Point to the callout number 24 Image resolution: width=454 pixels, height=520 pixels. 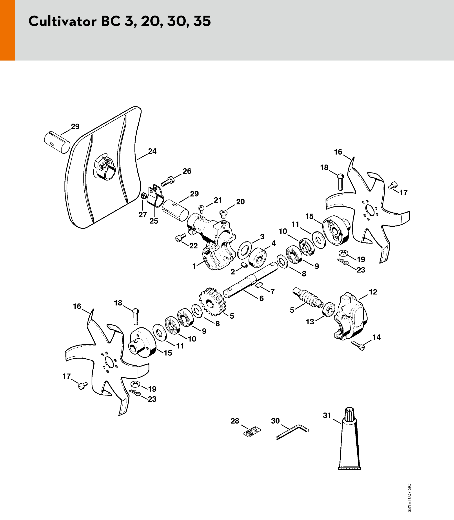[x=152, y=151]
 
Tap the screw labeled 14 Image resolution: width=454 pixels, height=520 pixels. [x=358, y=345]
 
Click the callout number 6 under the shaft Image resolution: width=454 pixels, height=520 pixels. [x=262, y=298]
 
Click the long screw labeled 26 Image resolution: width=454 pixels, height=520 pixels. [x=167, y=182]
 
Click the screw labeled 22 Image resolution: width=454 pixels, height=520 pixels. [x=181, y=237]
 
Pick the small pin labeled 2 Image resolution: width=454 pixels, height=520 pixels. [x=244, y=265]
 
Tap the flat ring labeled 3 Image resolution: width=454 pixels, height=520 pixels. [x=245, y=250]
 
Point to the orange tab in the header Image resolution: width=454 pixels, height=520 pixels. [x=8, y=30]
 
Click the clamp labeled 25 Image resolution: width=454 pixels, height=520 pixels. [x=155, y=197]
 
